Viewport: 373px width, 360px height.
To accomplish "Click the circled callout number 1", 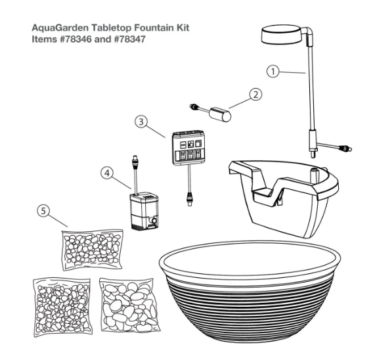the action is [x=273, y=72].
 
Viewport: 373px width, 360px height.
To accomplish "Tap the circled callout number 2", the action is [x=255, y=95].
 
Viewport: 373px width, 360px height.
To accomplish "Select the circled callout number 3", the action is [x=141, y=122].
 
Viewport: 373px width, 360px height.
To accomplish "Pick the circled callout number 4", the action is [x=107, y=173].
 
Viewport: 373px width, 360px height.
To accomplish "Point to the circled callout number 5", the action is [x=43, y=211].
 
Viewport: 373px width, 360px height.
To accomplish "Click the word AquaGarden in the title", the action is [x=60, y=28].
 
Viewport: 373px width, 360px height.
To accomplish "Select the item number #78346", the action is [x=76, y=39].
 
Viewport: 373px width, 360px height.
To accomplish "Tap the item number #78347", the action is [x=129, y=39].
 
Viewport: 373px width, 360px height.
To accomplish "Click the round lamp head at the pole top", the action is [x=283, y=35].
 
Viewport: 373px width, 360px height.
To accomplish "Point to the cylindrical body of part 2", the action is [x=220, y=114].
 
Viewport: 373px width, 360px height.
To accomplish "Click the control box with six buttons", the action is [x=188, y=147].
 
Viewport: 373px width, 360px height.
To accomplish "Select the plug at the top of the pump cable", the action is [x=135, y=162].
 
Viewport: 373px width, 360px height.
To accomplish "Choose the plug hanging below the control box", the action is [x=190, y=199].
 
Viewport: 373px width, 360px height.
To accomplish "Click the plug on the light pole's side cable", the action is [x=345, y=149].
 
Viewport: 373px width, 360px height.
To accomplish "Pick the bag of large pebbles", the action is [x=129, y=305].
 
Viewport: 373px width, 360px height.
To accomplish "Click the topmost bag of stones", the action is [x=93, y=250].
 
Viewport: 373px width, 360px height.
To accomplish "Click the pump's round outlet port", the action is [x=154, y=220].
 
